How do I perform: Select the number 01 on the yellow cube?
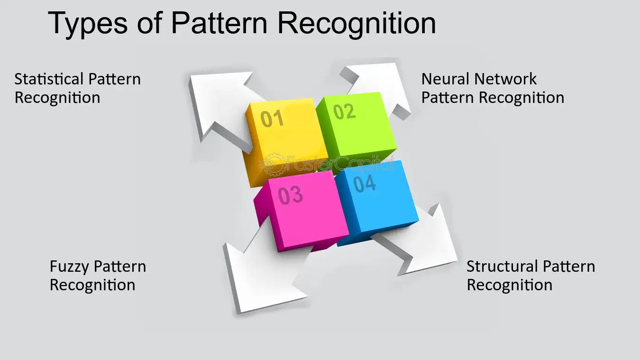(272, 118)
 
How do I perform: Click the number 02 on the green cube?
(344, 111)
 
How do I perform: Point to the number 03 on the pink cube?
(290, 195)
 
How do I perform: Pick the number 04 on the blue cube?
(365, 183)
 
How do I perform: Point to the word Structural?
(501, 267)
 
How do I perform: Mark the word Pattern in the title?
(223, 23)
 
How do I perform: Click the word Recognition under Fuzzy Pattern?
(92, 285)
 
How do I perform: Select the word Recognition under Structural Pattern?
(510, 285)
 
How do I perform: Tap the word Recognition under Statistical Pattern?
(57, 98)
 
